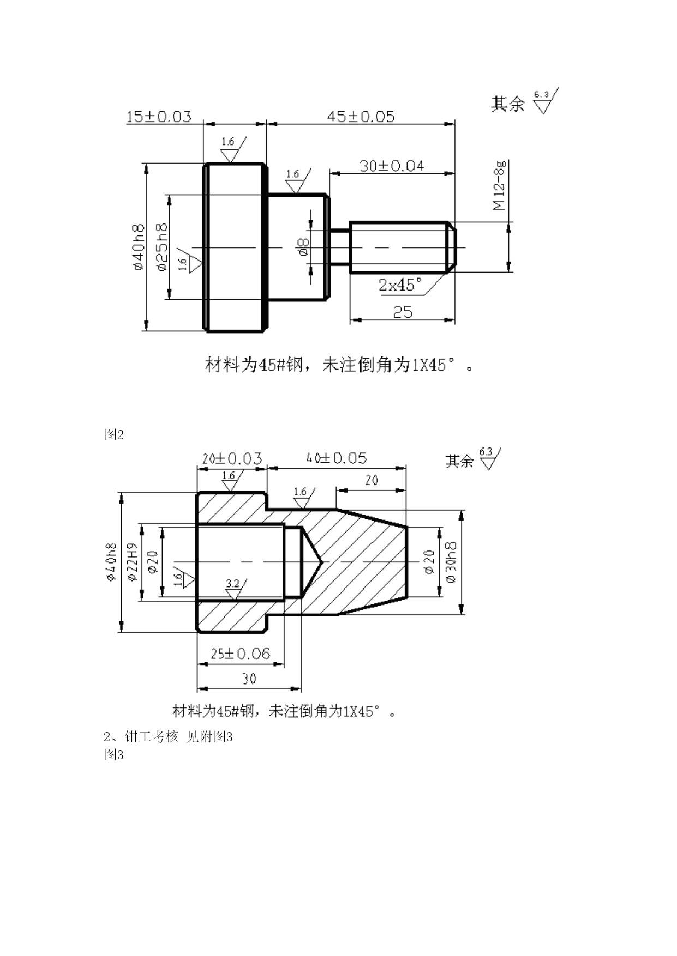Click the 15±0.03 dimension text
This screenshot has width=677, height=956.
[x=159, y=117]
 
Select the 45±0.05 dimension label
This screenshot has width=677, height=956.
[x=361, y=117]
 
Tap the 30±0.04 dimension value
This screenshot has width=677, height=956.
[x=392, y=166]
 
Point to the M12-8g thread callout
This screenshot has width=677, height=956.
[x=499, y=185]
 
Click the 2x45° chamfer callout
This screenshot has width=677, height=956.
[x=400, y=285]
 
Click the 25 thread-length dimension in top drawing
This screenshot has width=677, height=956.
[x=403, y=312]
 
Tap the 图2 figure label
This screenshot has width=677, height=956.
[x=114, y=434]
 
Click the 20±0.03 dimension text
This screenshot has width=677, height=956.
[x=232, y=459]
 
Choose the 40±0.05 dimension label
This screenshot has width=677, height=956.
[x=337, y=458]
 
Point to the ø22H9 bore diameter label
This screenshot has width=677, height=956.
[x=131, y=562]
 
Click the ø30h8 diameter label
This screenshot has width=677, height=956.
[x=452, y=562]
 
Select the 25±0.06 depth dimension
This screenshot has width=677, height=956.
[x=241, y=654]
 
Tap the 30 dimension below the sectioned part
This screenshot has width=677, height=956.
[x=249, y=679]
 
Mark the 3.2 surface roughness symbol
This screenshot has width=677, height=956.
[x=233, y=589]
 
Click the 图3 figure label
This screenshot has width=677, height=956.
[x=114, y=755]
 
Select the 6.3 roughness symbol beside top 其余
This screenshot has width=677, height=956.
[x=547, y=100]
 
